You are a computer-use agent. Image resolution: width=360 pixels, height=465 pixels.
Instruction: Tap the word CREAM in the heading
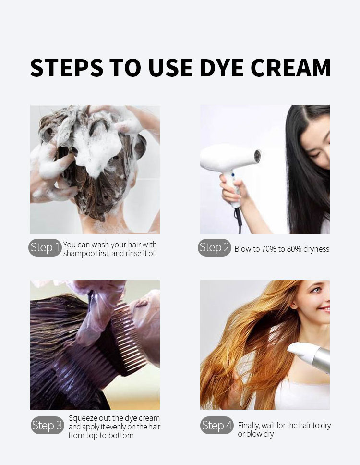[291, 68]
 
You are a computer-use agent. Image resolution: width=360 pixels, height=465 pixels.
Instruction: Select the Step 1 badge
[45, 247]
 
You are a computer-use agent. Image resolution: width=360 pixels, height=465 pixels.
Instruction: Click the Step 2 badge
[214, 247]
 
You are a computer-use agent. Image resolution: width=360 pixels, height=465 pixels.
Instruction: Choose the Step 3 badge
[48, 425]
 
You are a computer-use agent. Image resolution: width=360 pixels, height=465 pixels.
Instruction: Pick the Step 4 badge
[217, 425]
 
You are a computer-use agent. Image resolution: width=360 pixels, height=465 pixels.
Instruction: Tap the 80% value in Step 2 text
[294, 249]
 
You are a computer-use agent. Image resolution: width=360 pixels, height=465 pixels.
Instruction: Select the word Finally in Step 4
[248, 426]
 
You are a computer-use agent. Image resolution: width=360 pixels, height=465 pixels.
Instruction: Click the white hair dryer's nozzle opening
[257, 156]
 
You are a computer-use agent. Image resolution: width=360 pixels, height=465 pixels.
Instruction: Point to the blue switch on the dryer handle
[233, 175]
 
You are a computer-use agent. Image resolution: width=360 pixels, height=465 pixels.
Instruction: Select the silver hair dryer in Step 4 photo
[310, 356]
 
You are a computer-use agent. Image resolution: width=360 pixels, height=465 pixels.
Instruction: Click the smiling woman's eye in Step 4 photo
[316, 290]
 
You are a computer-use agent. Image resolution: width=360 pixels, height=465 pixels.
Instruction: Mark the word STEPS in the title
[67, 68]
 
